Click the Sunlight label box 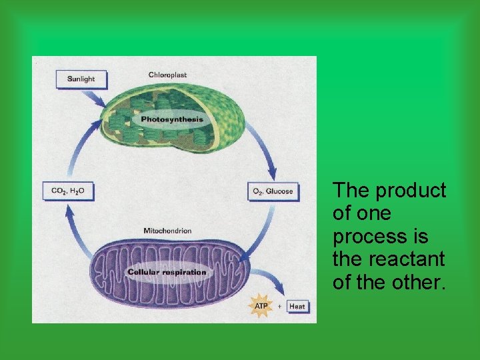(x=81, y=79)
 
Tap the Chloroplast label (x=167, y=74)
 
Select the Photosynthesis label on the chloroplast (x=172, y=119)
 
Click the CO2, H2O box (x=68, y=191)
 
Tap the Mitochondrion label (x=167, y=231)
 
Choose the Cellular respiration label (x=167, y=272)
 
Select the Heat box (x=298, y=307)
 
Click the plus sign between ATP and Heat (x=279, y=307)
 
